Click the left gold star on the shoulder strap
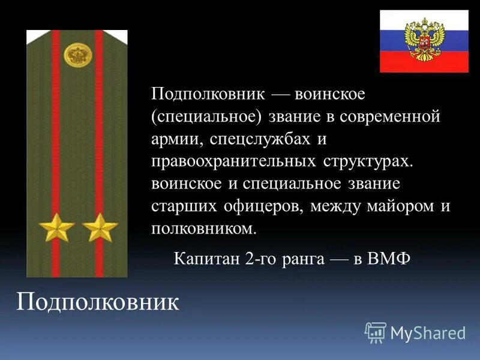pos(56,227)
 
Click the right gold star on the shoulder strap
pos(100,227)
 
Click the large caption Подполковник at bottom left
pos(97,302)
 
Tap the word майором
pos(400,206)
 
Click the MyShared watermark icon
pos(376,332)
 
